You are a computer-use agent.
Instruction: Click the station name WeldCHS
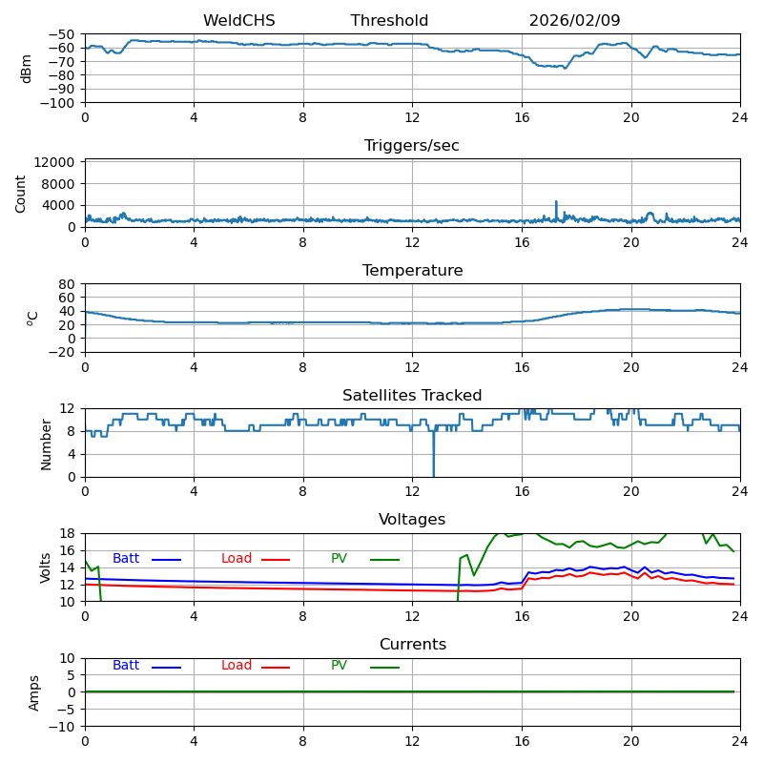[238, 21]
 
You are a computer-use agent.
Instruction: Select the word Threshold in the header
[389, 21]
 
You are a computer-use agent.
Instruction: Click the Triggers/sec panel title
[412, 146]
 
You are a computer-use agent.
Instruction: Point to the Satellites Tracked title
[412, 396]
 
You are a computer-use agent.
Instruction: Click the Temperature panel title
[412, 271]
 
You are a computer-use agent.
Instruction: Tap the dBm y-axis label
[27, 69]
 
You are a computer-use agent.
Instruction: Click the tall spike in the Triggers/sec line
[556, 203]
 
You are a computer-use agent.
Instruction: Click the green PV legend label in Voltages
[340, 559]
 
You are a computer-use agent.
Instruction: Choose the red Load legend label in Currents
[237, 666]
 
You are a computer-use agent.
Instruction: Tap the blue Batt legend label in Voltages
[126, 559]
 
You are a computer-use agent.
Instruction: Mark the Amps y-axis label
[34, 692]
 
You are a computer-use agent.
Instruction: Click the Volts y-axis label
[46, 567]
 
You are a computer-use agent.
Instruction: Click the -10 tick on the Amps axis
[64, 727]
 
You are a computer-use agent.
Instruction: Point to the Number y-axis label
[46, 443]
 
